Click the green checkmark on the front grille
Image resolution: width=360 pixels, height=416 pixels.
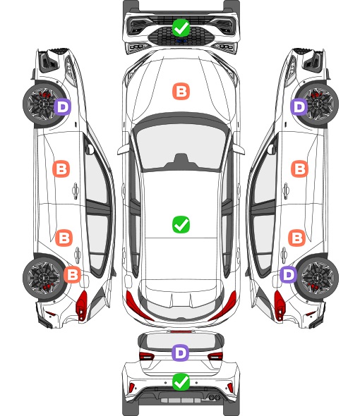tap(181, 27)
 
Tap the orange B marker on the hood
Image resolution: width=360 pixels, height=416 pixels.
tap(181, 92)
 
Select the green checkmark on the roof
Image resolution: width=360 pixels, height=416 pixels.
tap(181, 225)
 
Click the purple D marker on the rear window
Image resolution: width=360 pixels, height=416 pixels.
tap(181, 353)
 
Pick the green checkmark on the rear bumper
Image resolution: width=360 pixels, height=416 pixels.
tap(181, 382)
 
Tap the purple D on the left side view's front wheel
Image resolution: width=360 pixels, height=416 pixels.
tap(63, 107)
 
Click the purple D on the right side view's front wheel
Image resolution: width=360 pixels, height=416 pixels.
tap(299, 106)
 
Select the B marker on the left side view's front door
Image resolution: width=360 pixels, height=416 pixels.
tap(61, 169)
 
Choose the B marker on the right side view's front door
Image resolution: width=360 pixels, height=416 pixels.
tap(300, 169)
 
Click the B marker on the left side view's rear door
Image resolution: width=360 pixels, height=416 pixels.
tap(64, 238)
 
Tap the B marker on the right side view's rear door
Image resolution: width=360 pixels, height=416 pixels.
tap(297, 238)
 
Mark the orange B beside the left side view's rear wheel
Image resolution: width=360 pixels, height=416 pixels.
tap(72, 274)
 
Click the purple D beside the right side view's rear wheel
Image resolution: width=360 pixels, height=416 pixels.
tap(289, 274)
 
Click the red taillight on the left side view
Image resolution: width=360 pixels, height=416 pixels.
tap(82, 305)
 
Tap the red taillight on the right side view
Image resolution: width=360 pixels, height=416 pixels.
tap(279, 305)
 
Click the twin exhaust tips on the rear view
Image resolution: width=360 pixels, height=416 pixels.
tap(215, 398)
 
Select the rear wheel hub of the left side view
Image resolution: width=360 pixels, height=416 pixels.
tap(42, 278)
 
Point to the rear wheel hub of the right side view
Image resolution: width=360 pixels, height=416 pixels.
tap(318, 278)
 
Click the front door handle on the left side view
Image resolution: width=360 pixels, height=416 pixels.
tap(76, 190)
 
